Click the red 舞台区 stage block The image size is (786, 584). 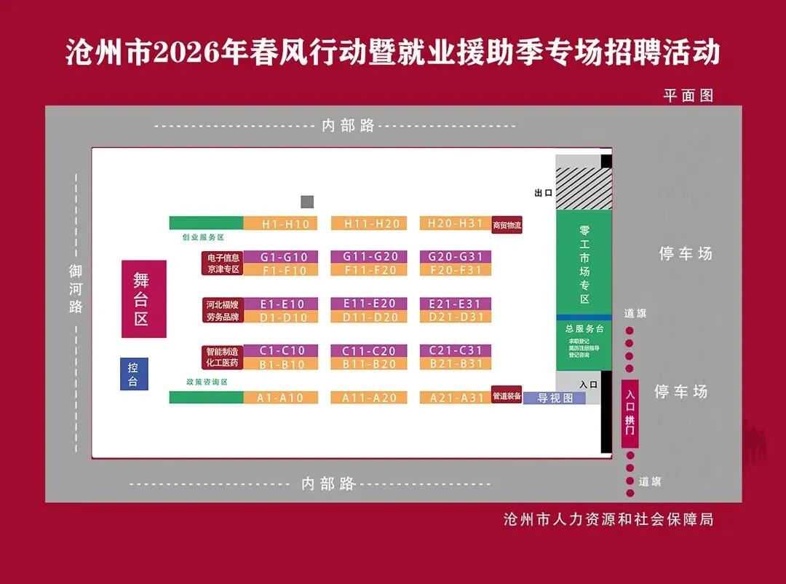point(143,299)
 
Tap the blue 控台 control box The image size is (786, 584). point(133,374)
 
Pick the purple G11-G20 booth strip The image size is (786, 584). point(371,257)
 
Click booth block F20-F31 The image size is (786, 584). point(456,270)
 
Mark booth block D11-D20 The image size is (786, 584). point(371,317)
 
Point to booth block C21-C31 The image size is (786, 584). point(456,350)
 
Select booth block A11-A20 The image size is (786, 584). point(371,398)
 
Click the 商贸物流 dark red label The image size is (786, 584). point(507,225)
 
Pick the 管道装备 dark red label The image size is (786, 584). point(507,396)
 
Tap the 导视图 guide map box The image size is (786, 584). point(555,398)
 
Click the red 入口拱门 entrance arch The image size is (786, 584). point(630,414)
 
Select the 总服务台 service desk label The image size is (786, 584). point(584,328)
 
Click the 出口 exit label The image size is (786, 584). point(544,193)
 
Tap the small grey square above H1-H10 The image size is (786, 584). point(307,202)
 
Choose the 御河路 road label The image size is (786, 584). point(76,289)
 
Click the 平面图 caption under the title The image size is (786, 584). point(688,95)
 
